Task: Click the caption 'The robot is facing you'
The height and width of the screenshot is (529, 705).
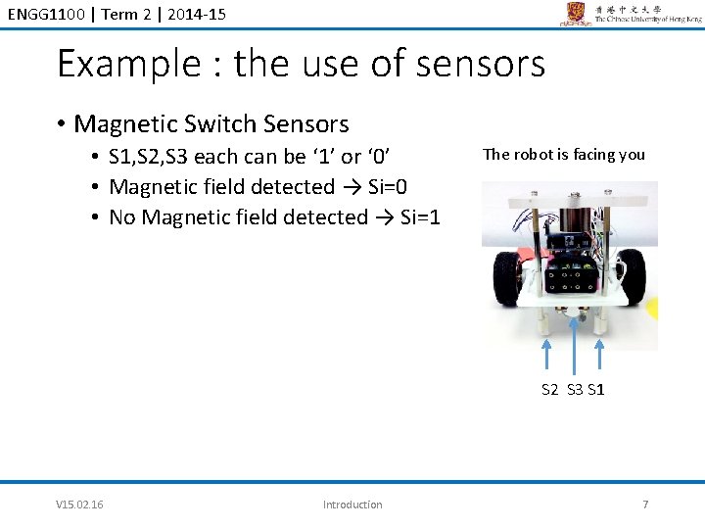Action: click(564, 154)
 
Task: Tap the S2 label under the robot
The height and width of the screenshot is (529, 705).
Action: click(551, 390)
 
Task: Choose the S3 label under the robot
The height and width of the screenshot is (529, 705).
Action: click(574, 390)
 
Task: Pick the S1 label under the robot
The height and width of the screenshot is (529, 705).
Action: click(595, 390)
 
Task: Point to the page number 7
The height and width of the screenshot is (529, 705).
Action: click(644, 505)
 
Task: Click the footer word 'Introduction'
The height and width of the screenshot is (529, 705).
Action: click(352, 505)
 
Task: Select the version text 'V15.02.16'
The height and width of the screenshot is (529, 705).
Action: click(80, 505)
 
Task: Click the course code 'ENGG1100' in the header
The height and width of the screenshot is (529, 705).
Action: click(42, 12)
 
